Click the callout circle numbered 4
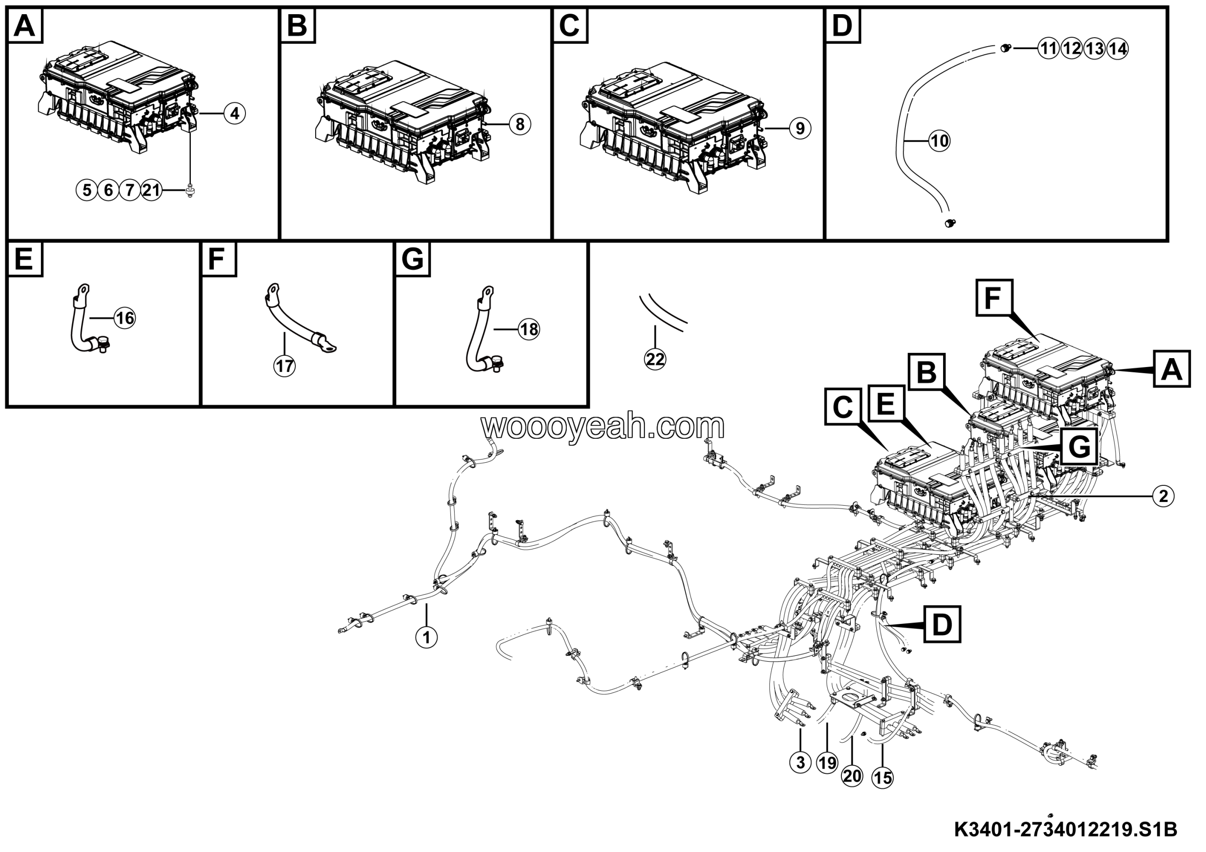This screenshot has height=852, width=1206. click(234, 114)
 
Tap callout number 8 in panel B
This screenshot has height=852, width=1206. click(520, 124)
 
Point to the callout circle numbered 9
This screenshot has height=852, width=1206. click(799, 128)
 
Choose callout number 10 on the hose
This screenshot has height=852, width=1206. click(939, 141)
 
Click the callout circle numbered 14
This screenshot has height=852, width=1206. click(1117, 49)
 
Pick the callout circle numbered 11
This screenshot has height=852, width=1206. click(1049, 49)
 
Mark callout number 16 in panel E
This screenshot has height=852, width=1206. click(125, 318)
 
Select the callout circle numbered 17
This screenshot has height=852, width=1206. click(285, 366)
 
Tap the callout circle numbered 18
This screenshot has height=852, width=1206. click(529, 329)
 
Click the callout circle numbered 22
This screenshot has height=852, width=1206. click(655, 360)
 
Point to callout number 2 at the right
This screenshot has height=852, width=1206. click(1163, 496)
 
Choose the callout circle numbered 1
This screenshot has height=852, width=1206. click(426, 638)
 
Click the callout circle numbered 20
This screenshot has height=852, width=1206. click(852, 776)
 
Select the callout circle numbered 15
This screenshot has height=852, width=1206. click(882, 778)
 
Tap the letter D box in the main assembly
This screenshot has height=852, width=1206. click(942, 624)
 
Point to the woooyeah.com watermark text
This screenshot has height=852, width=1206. click(603, 426)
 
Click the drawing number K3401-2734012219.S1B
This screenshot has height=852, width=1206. click(1065, 830)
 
